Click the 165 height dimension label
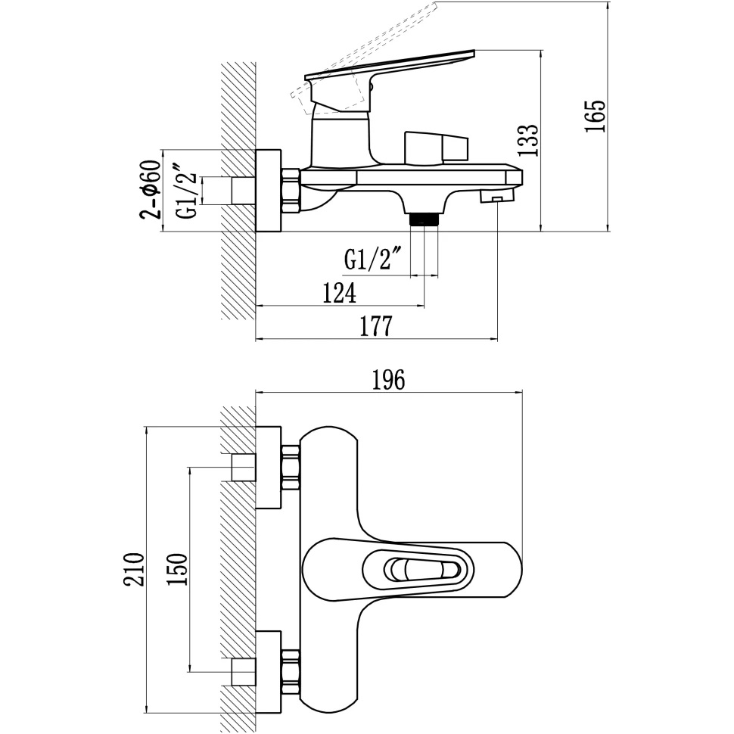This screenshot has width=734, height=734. [x=596, y=116]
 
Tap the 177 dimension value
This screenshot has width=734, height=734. [x=375, y=326]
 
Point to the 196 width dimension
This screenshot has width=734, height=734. [x=389, y=380]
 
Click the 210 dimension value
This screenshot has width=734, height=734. [x=134, y=569]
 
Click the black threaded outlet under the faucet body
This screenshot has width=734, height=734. [x=424, y=220]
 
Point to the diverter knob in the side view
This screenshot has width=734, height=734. [x=436, y=148]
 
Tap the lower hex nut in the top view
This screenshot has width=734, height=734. [x=291, y=669]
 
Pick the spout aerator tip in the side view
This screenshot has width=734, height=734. [x=496, y=198]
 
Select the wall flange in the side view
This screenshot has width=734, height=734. [x=268, y=191]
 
